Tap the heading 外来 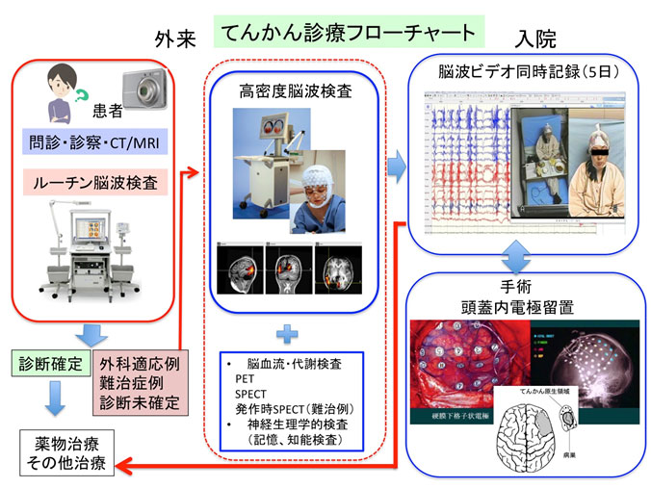click(177, 39)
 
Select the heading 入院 click(536, 39)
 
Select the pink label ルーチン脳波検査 click(91, 180)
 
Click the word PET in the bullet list click(244, 379)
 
